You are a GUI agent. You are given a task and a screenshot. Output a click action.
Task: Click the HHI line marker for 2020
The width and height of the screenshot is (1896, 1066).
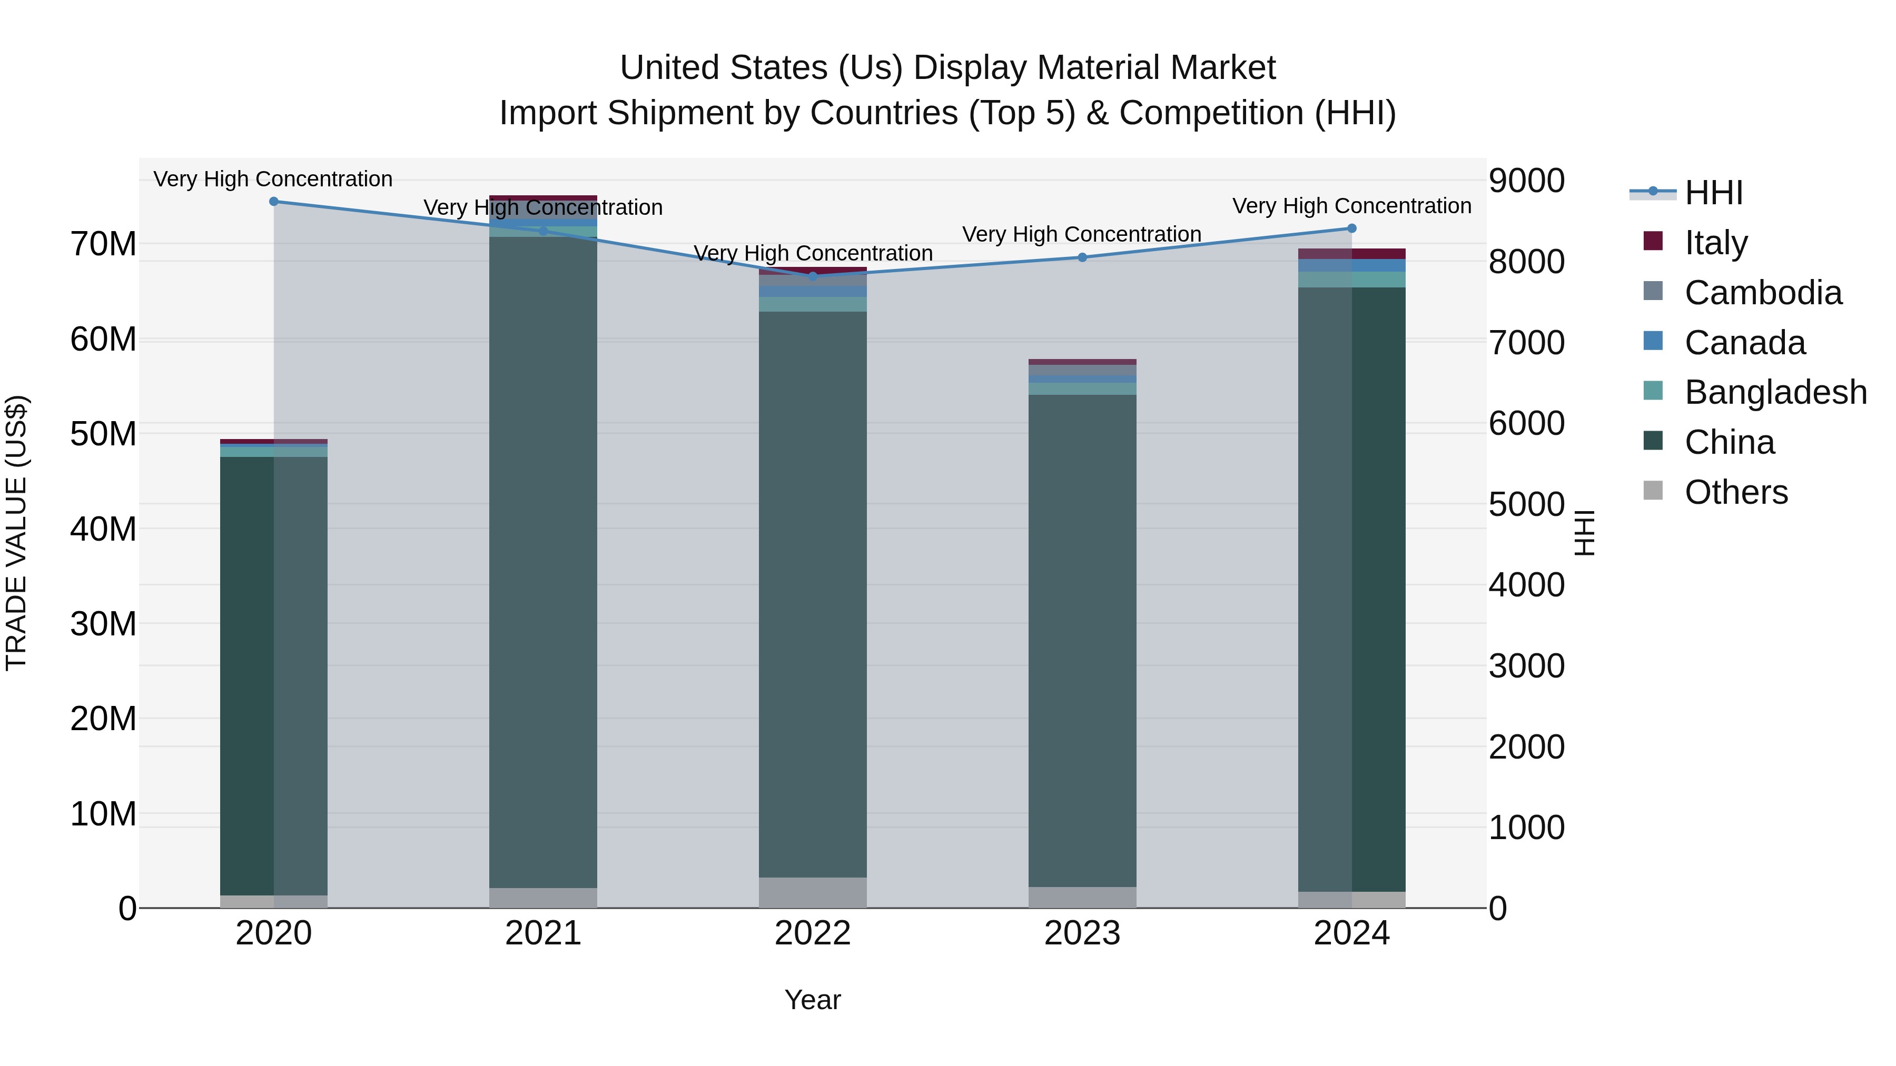point(274,201)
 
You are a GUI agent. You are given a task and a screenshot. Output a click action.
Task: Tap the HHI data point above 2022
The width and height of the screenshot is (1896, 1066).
point(813,276)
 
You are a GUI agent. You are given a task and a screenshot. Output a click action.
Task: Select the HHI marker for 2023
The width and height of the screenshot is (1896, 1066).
point(1082,257)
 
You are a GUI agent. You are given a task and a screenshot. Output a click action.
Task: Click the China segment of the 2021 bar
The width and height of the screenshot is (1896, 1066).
point(543,559)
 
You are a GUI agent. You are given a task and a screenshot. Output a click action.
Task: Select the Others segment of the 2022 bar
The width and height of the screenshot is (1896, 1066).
point(813,892)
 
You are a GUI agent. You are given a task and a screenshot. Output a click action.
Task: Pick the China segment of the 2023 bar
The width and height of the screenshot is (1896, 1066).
point(1082,640)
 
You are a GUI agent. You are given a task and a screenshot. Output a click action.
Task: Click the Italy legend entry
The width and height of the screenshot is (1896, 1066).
point(1715,242)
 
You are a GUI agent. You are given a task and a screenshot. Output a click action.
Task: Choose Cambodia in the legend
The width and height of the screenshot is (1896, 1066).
point(1763,292)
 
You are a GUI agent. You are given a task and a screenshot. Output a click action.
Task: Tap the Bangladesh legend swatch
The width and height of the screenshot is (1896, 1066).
point(1653,391)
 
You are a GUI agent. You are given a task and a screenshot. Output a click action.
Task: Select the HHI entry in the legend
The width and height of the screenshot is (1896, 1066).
point(1713,193)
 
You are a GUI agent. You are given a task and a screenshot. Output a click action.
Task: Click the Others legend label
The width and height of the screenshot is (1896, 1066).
point(1735,492)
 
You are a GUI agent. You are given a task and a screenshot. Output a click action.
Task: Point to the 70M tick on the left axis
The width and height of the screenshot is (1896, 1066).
point(103,244)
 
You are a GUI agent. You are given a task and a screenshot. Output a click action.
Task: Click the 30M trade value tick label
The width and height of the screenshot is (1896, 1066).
point(103,623)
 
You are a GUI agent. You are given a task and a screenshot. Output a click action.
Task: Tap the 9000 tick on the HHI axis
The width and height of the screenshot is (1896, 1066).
point(1526,181)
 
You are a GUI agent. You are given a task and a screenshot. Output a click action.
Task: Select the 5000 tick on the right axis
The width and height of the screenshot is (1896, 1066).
point(1526,505)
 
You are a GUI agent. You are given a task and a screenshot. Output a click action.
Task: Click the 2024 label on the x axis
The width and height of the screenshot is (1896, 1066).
point(1351,933)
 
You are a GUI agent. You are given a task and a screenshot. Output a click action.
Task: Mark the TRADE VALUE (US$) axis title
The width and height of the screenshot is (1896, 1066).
point(16,533)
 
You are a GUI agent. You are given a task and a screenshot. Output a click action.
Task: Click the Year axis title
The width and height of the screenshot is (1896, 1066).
point(813,1000)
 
